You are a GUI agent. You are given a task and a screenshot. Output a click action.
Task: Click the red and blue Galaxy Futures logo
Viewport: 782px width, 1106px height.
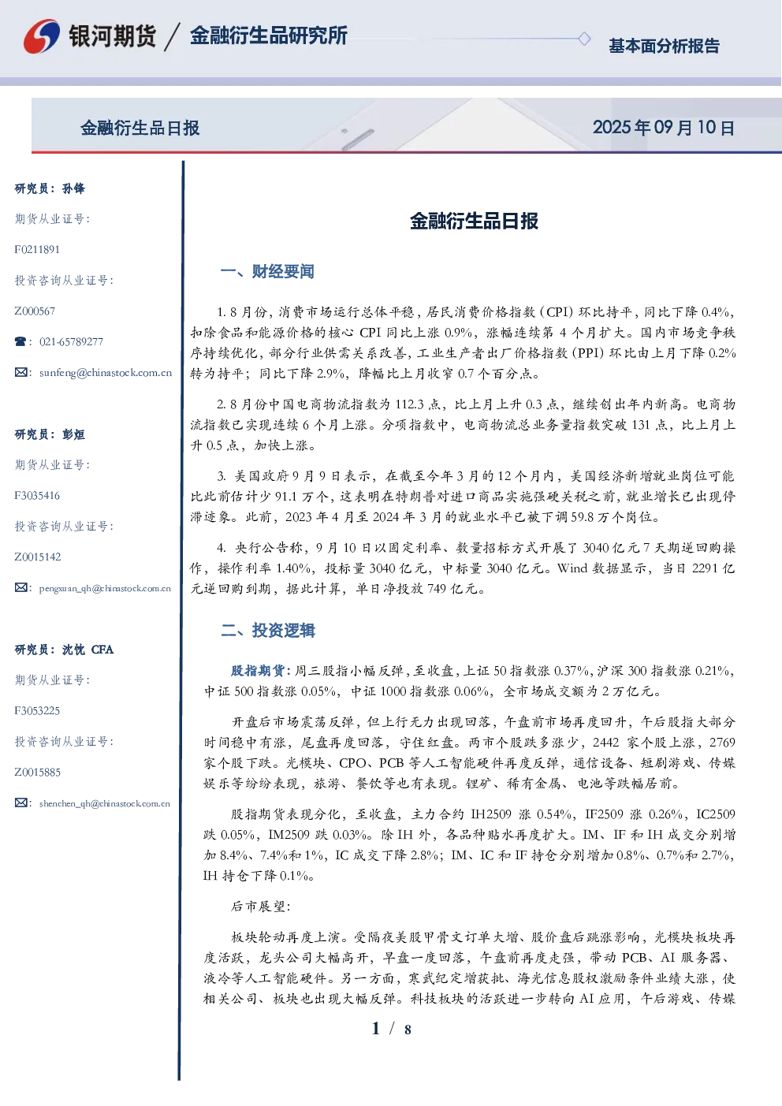(42, 36)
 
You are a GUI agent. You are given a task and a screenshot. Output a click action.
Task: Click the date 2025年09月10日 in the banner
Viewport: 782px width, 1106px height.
(664, 128)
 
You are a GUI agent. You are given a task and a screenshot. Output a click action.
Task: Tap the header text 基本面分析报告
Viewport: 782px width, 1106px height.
(664, 46)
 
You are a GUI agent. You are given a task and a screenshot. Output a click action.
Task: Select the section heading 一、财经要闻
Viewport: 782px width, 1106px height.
(267, 271)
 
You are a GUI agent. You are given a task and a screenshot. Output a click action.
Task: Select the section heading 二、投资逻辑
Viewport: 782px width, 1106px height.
(267, 630)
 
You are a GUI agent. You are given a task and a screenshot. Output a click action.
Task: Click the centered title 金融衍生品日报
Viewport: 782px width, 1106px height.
(474, 221)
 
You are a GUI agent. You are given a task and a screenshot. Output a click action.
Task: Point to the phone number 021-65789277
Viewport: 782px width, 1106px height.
(71, 341)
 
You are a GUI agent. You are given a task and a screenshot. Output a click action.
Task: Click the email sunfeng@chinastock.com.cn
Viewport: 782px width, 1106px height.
(106, 373)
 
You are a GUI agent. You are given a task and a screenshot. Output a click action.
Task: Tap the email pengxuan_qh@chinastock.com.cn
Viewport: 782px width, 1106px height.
(105, 588)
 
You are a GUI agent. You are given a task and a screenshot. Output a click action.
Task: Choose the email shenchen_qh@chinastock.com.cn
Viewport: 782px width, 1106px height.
(105, 803)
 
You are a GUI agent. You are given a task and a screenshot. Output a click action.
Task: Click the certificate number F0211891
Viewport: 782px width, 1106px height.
(37, 249)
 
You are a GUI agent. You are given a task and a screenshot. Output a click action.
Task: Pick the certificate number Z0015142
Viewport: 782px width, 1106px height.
(38, 557)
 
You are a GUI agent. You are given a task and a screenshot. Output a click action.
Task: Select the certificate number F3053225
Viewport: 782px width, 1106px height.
(37, 710)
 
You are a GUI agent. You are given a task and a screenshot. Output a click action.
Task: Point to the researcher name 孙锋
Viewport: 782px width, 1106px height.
(73, 188)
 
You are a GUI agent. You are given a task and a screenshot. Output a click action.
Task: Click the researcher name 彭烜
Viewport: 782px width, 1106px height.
(73, 434)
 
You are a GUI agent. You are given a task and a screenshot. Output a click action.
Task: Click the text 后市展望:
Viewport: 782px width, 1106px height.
(261, 906)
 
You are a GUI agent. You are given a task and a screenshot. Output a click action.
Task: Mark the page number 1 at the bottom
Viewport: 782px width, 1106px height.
(376, 1029)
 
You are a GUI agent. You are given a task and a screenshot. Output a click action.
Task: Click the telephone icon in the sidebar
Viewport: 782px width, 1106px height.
(20, 341)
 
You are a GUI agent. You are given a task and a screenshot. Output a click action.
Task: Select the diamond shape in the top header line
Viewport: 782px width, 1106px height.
(584, 39)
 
